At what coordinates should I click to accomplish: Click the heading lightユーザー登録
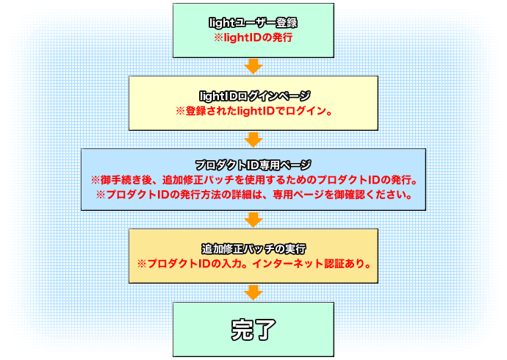pos(253,23)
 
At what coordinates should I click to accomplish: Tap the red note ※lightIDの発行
pos(253,37)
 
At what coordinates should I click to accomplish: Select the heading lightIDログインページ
pos(253,96)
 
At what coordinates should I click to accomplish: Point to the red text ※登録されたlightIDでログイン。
pos(253,111)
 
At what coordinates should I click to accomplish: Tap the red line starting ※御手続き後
pos(253,180)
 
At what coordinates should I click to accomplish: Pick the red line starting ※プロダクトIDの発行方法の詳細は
pos(253,195)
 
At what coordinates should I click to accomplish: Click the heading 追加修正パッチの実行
pos(253,248)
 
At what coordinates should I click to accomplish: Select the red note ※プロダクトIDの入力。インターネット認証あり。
pos(253,262)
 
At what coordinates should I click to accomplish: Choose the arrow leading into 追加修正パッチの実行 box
pos(253,219)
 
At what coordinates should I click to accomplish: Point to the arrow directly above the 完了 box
pos(253,292)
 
